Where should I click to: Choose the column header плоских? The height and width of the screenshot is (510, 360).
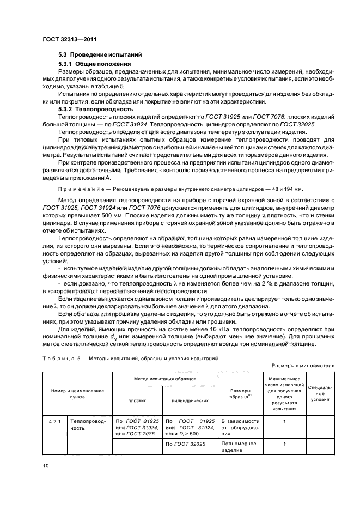(137, 400)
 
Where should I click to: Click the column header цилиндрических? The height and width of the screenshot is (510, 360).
(190, 400)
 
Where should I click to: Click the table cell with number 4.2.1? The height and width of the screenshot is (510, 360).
(53, 421)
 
